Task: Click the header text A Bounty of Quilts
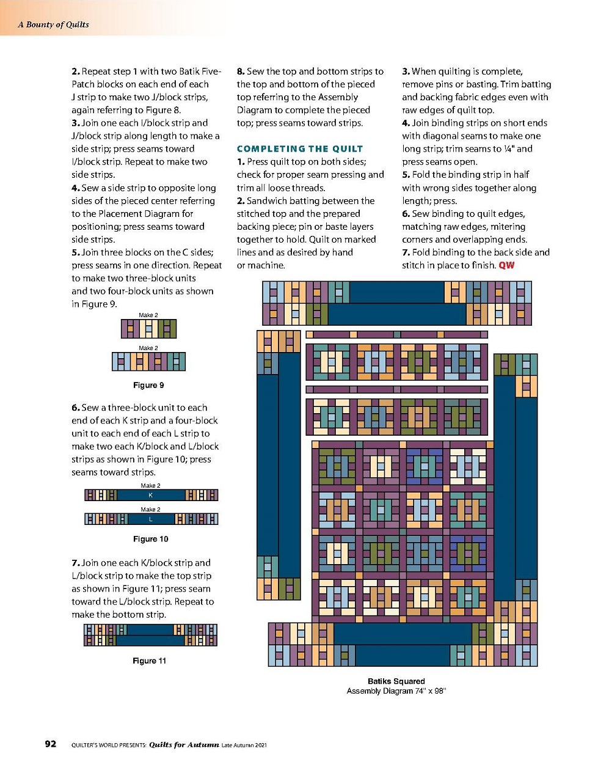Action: point(53,24)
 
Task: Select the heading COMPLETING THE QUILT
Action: point(299,148)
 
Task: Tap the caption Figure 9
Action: point(148,385)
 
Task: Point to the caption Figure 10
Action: point(150,539)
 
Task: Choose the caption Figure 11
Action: point(149,661)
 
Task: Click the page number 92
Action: point(51,744)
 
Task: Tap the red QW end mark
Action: point(506,265)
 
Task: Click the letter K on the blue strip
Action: point(151,495)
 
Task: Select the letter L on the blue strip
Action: point(151,519)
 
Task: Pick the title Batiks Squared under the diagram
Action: point(396,681)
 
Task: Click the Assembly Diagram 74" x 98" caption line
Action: point(396,691)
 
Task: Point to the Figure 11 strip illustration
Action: point(150,635)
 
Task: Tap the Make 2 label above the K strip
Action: point(150,486)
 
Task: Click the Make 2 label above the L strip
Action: point(150,509)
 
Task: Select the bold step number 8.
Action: point(240,71)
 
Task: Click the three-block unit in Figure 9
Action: point(148,329)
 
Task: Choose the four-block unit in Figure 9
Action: point(148,362)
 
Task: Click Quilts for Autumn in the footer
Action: point(184,744)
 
